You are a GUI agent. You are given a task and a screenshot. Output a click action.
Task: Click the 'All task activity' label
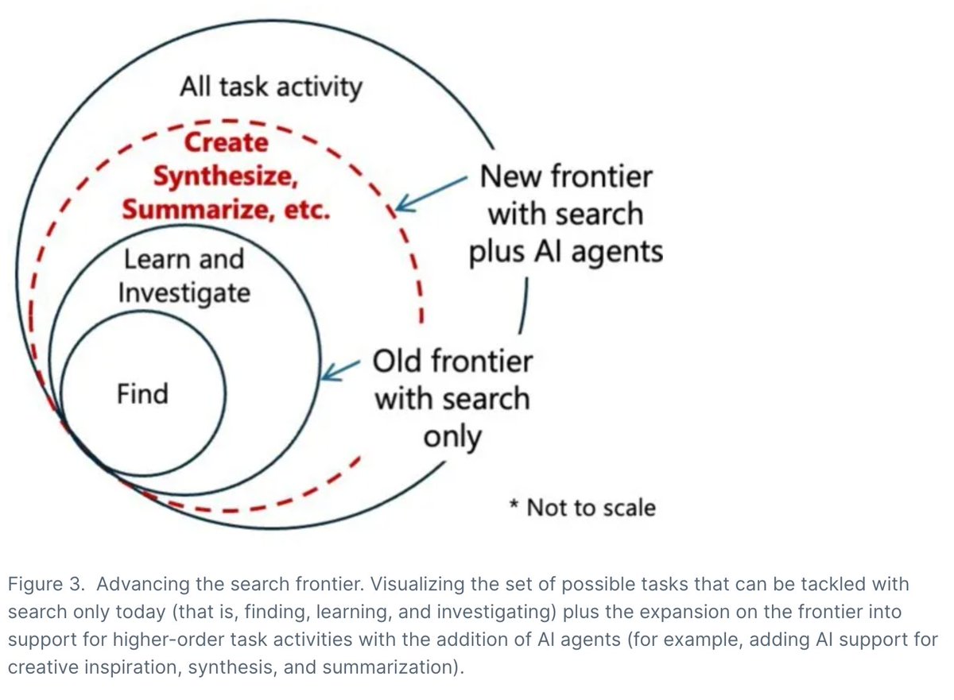pyautogui.click(x=270, y=87)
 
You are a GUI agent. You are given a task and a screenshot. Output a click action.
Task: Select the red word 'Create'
pyautogui.click(x=227, y=143)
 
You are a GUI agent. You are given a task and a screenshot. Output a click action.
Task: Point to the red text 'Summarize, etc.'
pyautogui.click(x=225, y=211)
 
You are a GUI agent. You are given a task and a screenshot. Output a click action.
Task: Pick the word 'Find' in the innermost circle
pyautogui.click(x=142, y=393)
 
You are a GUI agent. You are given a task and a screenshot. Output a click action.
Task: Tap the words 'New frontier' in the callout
pyautogui.click(x=565, y=176)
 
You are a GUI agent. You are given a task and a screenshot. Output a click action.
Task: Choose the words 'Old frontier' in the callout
pyautogui.click(x=452, y=362)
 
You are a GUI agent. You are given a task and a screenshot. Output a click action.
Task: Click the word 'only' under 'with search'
pyautogui.click(x=452, y=435)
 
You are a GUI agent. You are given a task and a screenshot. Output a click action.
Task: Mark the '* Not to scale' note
pyautogui.click(x=582, y=507)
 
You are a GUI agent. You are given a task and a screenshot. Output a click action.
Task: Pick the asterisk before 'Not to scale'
pyautogui.click(x=514, y=505)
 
